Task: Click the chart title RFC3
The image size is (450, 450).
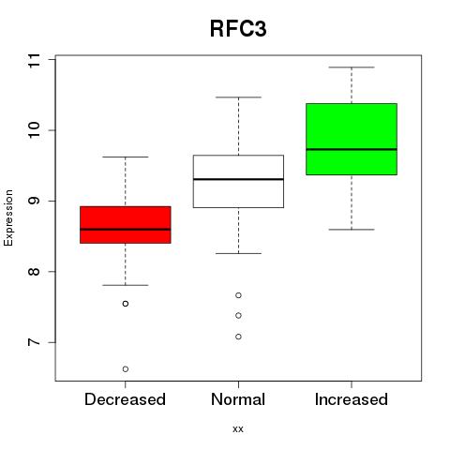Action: coord(238,29)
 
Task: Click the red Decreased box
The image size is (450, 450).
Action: coord(126,225)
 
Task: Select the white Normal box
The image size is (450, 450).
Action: coord(238,181)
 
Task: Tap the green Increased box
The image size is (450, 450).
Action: coord(352,139)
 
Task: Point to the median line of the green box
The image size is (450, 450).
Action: coord(352,149)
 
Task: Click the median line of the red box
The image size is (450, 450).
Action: coord(126,230)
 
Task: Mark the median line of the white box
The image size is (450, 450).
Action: coord(238,179)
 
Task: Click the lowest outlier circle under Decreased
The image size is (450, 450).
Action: coord(126,369)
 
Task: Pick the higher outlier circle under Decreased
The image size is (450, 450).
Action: coord(126,304)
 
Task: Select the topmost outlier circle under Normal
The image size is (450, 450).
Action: coord(238,295)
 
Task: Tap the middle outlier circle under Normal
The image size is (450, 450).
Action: coord(238,316)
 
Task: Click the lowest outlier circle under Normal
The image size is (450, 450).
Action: coord(238,337)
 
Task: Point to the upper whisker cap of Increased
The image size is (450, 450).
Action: coord(352,67)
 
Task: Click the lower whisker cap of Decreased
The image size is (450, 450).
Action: coord(126,285)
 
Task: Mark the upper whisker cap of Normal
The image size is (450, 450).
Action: coord(238,97)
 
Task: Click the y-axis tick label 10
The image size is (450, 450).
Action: coord(35,130)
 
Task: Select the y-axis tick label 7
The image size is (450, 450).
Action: coord(35,342)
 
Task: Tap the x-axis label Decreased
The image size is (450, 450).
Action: coord(125,399)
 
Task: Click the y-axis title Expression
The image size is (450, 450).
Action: coord(8,217)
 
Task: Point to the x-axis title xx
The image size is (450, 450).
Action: coord(238,429)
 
